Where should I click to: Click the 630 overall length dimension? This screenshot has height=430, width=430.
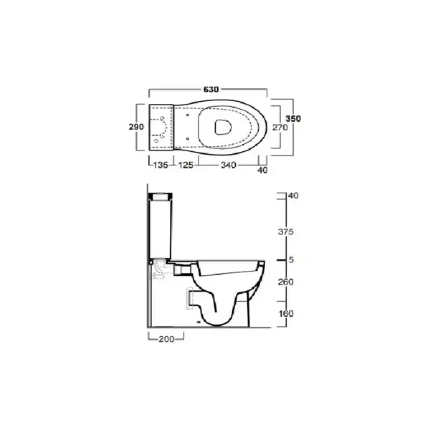click(211, 90)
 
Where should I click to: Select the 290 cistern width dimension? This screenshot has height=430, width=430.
click(136, 127)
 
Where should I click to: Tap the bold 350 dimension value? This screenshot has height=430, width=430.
click(293, 118)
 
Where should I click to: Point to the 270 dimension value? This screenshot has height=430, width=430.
click(280, 128)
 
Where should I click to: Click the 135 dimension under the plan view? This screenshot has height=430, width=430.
click(161, 165)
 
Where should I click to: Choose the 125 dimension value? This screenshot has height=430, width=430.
click(186, 165)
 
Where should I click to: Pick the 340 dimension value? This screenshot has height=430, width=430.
click(229, 165)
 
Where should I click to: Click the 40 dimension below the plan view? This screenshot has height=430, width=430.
click(262, 171)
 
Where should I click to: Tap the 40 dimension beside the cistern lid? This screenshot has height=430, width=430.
click(293, 196)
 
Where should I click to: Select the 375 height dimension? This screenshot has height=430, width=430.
click(286, 231)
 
